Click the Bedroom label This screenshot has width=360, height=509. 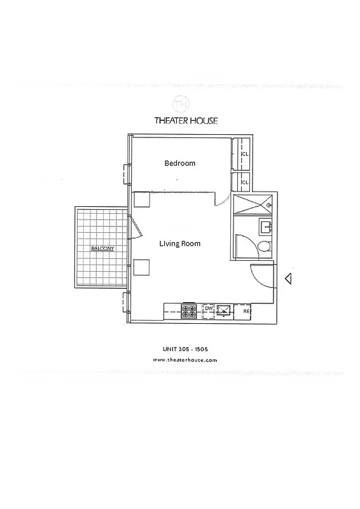pyautogui.click(x=179, y=164)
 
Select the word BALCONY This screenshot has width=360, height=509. pyautogui.click(x=102, y=249)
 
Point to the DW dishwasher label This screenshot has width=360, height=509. pyautogui.click(x=208, y=309)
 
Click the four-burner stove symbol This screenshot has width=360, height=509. pyautogui.click(x=190, y=311)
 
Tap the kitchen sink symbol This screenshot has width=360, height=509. pyautogui.click(x=225, y=311)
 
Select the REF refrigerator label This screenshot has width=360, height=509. pyautogui.click(x=247, y=311)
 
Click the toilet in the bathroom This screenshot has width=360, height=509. pyautogui.click(x=264, y=247)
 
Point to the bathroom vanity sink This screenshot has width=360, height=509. pyautogui.click(x=266, y=225)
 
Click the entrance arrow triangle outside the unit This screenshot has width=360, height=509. pyautogui.click(x=287, y=278)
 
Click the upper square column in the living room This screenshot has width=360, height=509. pyautogui.click(x=141, y=199)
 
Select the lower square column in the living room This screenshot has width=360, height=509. pyautogui.click(x=141, y=267)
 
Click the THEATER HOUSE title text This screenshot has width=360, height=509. pyautogui.click(x=186, y=121)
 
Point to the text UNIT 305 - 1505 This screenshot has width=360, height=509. pyautogui.click(x=186, y=348)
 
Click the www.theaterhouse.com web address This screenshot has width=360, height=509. pyautogui.click(x=186, y=360)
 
